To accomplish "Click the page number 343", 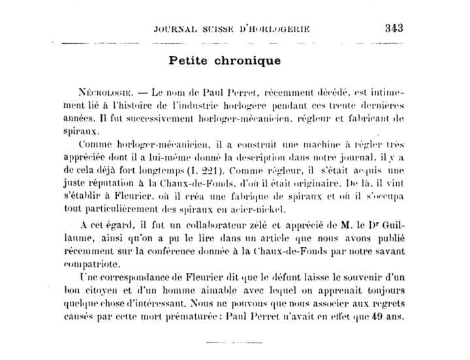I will coord(395,28).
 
